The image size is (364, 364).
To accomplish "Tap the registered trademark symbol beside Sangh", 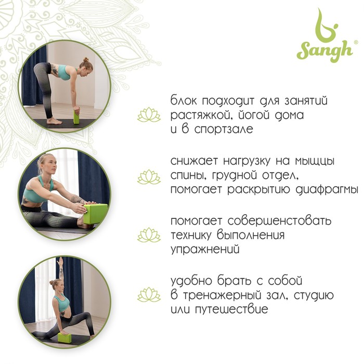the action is pos(355,42).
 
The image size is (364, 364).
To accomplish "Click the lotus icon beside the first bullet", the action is pos(149,114).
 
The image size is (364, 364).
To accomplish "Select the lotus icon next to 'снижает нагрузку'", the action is pos(149,177).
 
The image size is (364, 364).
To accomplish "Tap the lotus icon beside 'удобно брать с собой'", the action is pos(149,295).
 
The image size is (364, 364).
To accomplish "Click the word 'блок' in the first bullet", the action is pos(184,100).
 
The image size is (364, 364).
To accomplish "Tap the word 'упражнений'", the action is pos(205,250).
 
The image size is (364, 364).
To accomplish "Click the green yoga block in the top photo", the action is pos(76,117).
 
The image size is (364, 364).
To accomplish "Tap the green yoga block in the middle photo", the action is pos(96,214).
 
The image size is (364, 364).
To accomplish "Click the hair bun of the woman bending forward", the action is pos(86,60).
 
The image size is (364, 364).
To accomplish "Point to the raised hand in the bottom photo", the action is pos(61,261).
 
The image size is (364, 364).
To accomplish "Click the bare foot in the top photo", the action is pos(54,121).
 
